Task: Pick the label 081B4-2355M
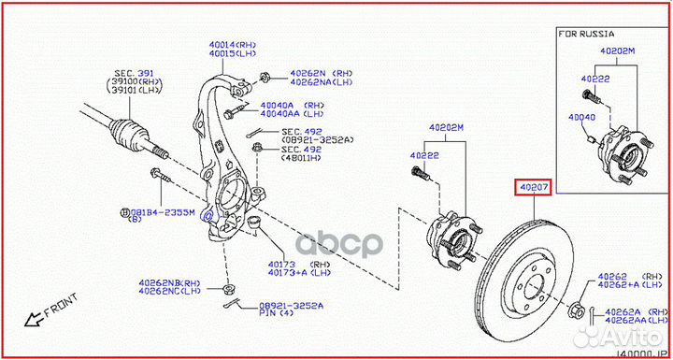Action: pyautogui.click(x=162, y=212)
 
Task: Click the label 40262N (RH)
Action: pyautogui.click(x=308, y=73)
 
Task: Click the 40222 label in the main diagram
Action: pyautogui.click(x=425, y=156)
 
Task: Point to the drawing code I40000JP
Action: pyautogui.click(x=644, y=353)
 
